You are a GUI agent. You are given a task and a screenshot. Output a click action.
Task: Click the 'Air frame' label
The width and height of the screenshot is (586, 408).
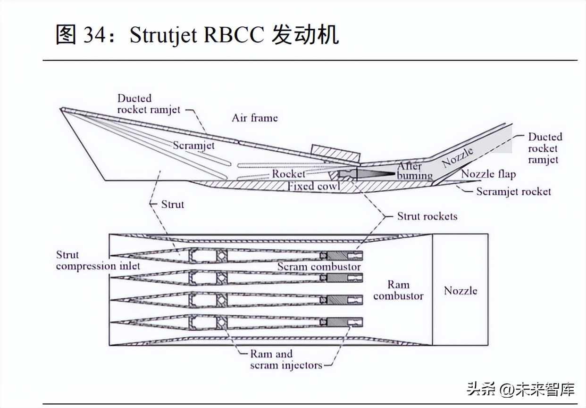coord(254,118)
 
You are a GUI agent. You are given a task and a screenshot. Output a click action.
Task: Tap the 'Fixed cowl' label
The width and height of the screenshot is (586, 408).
coord(314,186)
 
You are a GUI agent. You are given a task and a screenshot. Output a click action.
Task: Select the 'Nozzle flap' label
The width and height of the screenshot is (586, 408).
coord(488,174)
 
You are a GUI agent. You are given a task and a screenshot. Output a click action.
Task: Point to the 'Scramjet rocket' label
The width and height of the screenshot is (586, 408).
coord(513,191)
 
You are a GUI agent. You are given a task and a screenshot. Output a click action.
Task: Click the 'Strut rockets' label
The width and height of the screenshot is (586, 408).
coord(427,216)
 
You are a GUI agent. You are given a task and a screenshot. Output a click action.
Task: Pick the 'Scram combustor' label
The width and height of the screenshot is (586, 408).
coord(319,267)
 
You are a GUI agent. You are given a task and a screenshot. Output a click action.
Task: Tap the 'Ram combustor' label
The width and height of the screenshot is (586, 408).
coord(398,290)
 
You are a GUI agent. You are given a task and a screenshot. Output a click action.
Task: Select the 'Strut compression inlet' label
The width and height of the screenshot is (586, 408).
coord(98,261)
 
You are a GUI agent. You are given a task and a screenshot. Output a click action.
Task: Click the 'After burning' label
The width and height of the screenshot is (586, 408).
coord(414,171)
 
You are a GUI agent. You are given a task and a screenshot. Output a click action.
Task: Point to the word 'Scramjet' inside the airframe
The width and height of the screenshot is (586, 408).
coord(193,145)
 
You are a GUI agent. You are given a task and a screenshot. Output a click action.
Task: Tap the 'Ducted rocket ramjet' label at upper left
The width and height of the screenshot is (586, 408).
coord(149,104)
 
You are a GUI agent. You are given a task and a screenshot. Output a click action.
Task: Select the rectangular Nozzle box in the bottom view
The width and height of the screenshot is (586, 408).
coord(460,290)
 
